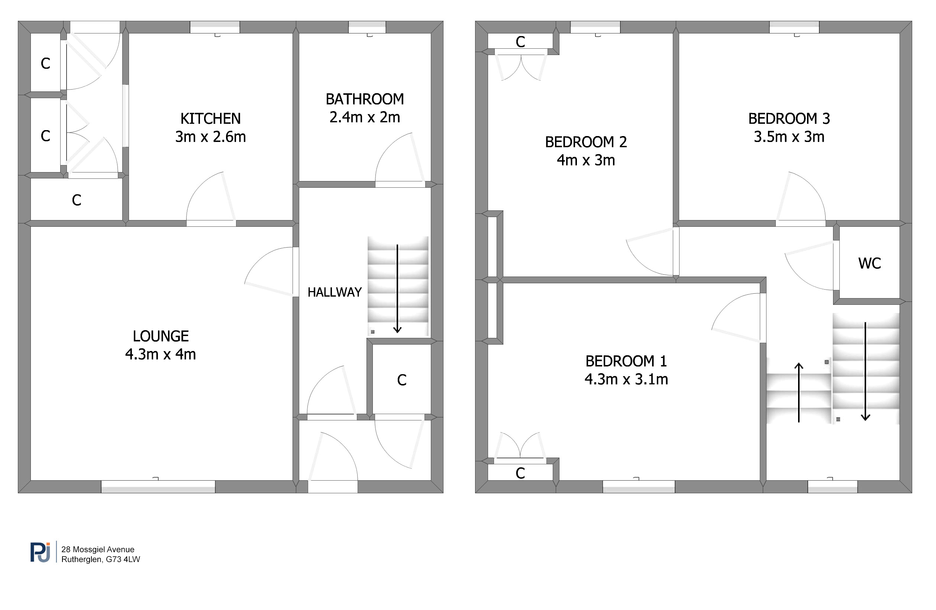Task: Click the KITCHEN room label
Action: [x=210, y=118]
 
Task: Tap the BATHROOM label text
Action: [x=365, y=99]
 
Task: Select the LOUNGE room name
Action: [x=161, y=336]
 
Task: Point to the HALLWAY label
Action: [x=334, y=292]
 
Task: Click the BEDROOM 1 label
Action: [x=626, y=361]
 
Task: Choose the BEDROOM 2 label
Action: [x=585, y=142]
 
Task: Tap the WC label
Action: [x=869, y=264]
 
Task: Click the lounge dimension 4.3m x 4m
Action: [x=161, y=354]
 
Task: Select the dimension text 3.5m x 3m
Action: [x=789, y=137]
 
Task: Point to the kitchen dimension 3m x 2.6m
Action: [x=210, y=137]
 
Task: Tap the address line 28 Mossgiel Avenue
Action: [x=98, y=549]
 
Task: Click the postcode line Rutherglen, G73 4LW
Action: [x=101, y=559]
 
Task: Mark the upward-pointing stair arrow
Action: [x=798, y=393]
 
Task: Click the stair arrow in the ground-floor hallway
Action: [x=397, y=289]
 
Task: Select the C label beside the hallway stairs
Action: [x=401, y=380]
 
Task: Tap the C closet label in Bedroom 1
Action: [x=520, y=473]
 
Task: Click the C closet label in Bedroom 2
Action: [x=520, y=42]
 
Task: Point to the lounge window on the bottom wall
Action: [x=158, y=487]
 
